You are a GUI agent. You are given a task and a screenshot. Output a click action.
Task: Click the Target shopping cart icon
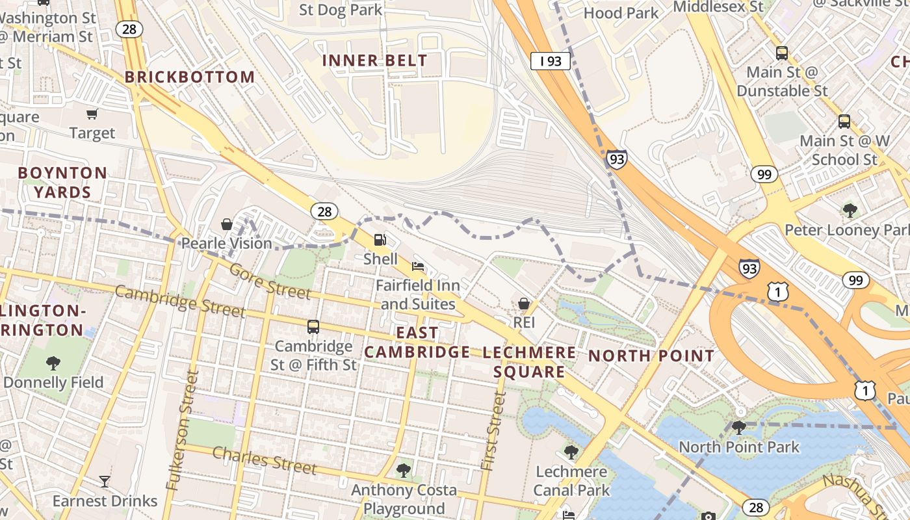(92, 114)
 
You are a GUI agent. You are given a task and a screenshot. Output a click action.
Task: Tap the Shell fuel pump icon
(380, 240)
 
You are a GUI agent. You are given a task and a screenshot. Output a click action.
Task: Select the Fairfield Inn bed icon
(418, 266)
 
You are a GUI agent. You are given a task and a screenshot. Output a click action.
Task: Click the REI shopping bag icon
(524, 304)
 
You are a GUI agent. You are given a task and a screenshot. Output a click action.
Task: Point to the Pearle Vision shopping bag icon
(227, 224)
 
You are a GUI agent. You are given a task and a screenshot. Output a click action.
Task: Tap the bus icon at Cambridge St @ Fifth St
(313, 326)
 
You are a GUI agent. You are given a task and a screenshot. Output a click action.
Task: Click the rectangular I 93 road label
(550, 61)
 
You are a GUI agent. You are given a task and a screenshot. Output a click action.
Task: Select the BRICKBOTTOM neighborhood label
(190, 77)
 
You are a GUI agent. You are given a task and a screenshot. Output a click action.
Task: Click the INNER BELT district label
(375, 60)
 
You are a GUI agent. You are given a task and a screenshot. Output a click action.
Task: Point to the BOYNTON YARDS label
(62, 183)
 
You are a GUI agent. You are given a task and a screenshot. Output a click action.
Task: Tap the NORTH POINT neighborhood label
(651, 356)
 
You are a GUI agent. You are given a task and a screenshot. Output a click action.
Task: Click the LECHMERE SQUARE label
(529, 362)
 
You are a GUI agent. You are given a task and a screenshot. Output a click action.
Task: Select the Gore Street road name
(270, 282)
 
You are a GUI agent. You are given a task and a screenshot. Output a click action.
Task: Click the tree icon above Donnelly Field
(53, 363)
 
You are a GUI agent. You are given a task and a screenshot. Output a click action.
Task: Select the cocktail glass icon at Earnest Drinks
(104, 482)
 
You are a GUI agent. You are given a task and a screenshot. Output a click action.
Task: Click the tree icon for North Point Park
(738, 427)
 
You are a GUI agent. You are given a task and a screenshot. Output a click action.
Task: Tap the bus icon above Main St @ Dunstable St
(781, 53)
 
